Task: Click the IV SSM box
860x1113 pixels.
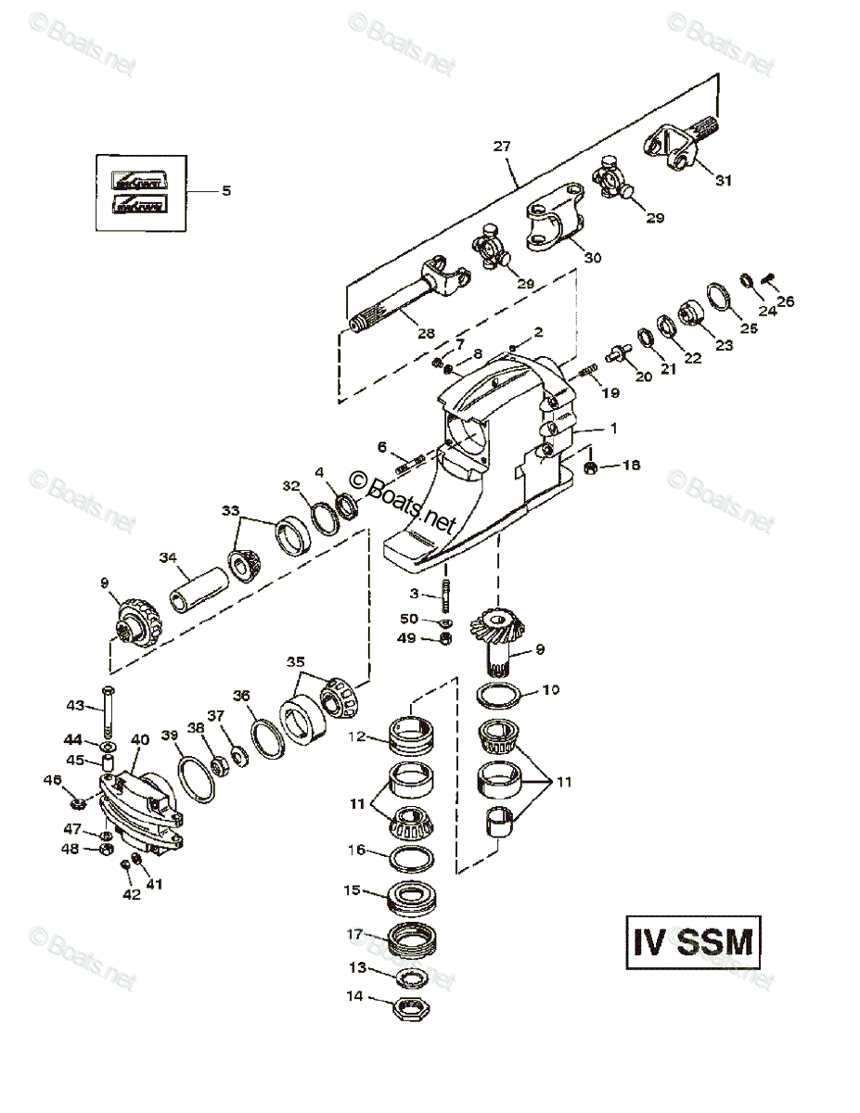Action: [x=692, y=943]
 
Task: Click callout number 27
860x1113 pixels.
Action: [x=502, y=147]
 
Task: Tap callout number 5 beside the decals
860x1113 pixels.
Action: [x=225, y=191]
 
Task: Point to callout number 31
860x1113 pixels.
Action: [x=723, y=181]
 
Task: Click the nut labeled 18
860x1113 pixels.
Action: [x=589, y=466]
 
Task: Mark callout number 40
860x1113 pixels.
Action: [x=140, y=739]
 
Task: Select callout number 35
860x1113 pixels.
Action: [x=295, y=662]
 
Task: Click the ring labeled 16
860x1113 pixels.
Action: [x=410, y=855]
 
